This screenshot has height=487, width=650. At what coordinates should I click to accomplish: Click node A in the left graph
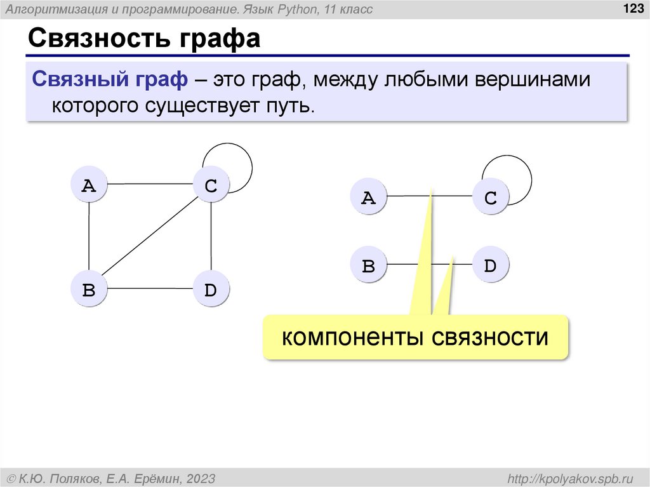(x=89, y=185)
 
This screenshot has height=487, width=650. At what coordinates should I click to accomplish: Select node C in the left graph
(x=211, y=185)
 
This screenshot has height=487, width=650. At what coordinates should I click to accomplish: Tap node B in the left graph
(x=89, y=290)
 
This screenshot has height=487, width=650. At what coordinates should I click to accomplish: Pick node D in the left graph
(x=211, y=290)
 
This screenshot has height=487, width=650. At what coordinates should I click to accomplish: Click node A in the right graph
(x=368, y=197)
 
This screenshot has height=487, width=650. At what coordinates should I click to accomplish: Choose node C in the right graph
(x=490, y=197)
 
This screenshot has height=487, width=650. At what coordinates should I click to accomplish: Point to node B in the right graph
(x=368, y=265)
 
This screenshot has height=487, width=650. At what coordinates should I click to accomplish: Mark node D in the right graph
(x=490, y=265)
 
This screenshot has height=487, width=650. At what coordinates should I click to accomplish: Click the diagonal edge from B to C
(x=150, y=237)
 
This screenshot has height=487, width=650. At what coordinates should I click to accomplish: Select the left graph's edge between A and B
(x=89, y=237)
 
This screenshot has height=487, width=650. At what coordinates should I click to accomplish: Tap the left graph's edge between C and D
(x=211, y=237)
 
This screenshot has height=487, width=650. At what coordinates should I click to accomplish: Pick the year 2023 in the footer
(x=201, y=477)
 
